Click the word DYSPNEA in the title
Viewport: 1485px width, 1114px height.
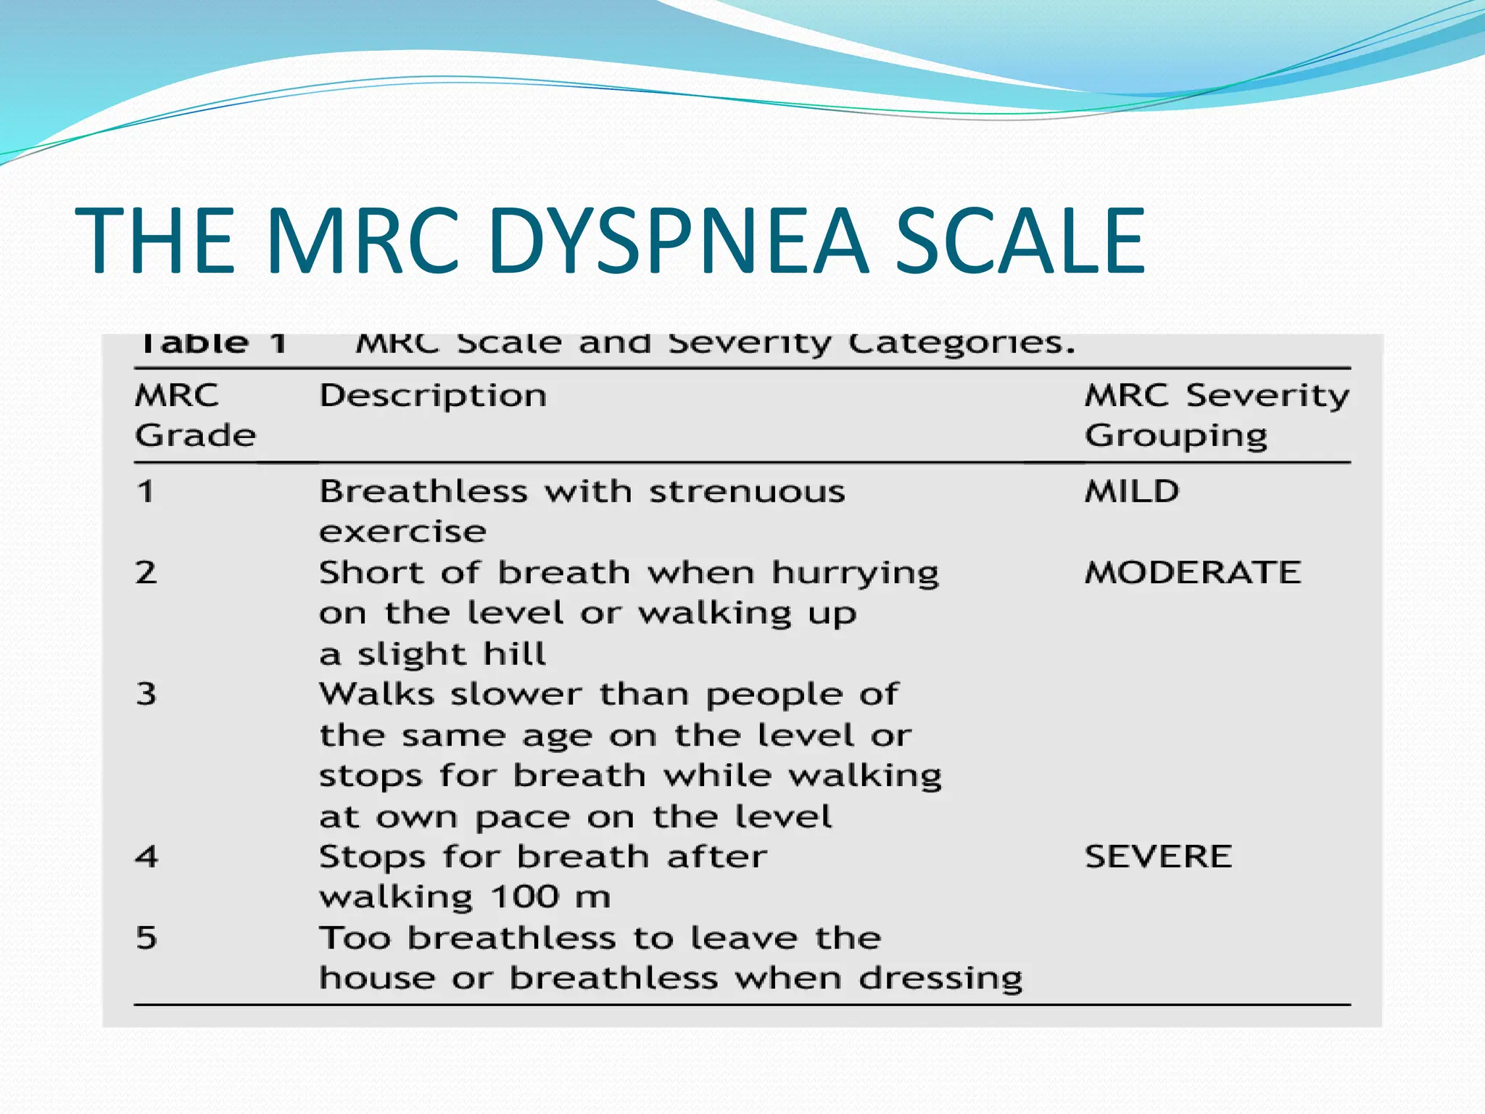pos(678,241)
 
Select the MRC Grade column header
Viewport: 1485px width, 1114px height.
pos(194,416)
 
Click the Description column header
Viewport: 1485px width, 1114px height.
pos(433,396)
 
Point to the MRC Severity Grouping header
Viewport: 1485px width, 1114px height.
pos(1216,416)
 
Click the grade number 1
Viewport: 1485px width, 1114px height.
pos(146,492)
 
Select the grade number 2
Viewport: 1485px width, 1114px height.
pos(146,573)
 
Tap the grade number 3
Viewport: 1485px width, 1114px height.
pos(146,695)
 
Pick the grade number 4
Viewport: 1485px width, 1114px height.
pos(146,857)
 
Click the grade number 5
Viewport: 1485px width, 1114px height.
pos(146,938)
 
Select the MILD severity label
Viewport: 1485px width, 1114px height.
pos(1132,492)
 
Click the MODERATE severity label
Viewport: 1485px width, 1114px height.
pos(1193,573)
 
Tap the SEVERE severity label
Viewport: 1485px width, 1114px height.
pos(1158,857)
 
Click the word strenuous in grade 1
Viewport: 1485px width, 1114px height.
pos(747,492)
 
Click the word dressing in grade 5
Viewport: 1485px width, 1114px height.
pos(940,979)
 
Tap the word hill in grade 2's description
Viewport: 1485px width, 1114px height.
pos(514,654)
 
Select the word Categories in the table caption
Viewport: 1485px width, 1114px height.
pos(961,343)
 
